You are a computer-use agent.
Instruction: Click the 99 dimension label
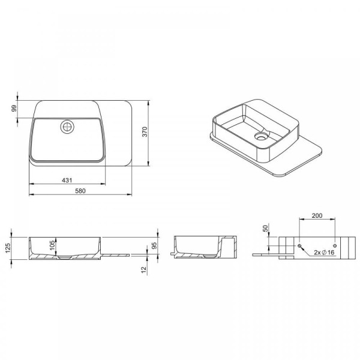click(14, 109)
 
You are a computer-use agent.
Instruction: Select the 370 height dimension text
click(145, 132)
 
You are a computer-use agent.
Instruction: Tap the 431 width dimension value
click(67, 181)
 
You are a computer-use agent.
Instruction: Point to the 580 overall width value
click(80, 191)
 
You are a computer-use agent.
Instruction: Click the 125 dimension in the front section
click(8, 248)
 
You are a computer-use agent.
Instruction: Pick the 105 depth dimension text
click(53, 245)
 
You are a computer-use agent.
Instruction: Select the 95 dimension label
click(154, 245)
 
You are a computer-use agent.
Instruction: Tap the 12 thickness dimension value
click(144, 270)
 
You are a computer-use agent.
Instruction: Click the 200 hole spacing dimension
click(317, 215)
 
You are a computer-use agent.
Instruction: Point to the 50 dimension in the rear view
click(265, 228)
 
